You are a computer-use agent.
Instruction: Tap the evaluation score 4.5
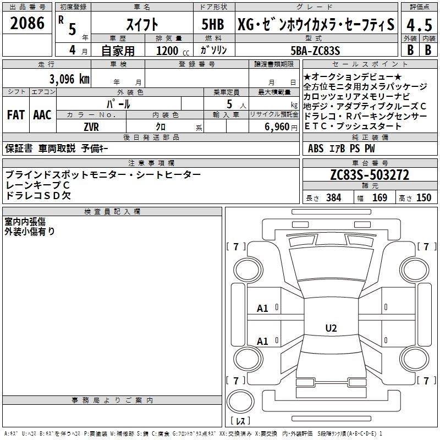tap(419, 25)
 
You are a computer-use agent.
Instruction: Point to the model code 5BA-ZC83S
tap(315, 51)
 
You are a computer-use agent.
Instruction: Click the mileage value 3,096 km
tap(70, 79)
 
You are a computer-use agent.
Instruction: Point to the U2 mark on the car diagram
tap(331, 328)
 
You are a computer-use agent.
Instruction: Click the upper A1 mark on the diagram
tap(262, 309)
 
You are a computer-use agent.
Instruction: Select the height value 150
tap(424, 198)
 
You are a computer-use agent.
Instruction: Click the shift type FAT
tap(15, 115)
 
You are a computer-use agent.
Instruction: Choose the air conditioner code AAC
tap(42, 115)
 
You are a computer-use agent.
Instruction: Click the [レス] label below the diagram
tap(240, 422)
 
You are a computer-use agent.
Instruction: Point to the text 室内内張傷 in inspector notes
tap(25, 222)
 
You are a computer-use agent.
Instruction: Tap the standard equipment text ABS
tap(316, 148)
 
